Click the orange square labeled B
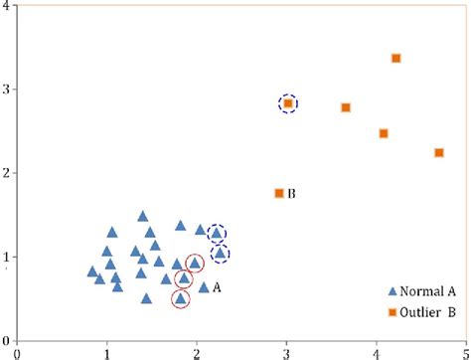[x=279, y=193]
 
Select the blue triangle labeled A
[x=204, y=287]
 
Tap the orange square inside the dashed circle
[x=288, y=103]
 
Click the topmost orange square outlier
[x=396, y=59]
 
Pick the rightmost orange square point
[x=439, y=152]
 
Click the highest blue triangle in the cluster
[x=143, y=216]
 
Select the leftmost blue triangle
[x=92, y=270]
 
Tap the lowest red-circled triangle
[x=180, y=297]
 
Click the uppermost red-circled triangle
[x=195, y=263]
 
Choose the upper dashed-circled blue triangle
[x=216, y=233]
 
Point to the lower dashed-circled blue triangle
[x=221, y=254]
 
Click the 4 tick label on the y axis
[x=6, y=6]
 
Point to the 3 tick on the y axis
[x=6, y=90]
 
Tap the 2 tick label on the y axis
[x=6, y=173]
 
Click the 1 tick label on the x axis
[x=107, y=351]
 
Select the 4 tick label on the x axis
[x=377, y=351]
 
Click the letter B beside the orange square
[x=292, y=194]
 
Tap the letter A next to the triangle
[x=217, y=286]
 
